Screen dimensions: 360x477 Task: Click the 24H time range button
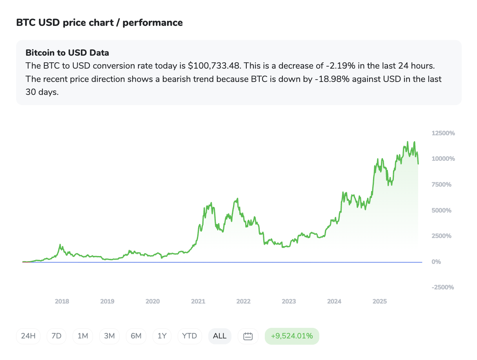[x=28, y=336]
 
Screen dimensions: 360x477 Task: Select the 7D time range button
[x=56, y=336]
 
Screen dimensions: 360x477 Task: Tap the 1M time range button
[x=83, y=336]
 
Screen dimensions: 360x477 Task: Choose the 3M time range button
[x=109, y=336]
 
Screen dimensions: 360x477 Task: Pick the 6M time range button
[x=136, y=336]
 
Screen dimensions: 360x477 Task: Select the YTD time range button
[x=190, y=336]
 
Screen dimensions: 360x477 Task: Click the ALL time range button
[x=220, y=336]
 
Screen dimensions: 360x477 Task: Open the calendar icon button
[x=248, y=336]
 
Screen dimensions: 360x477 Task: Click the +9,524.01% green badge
[x=292, y=336]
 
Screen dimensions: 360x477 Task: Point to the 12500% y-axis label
[x=443, y=133]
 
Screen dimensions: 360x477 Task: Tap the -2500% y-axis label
[x=443, y=287]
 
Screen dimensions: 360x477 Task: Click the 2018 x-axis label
[x=62, y=302]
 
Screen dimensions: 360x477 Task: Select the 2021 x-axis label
[x=198, y=302]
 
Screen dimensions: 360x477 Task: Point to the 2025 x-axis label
[x=380, y=302]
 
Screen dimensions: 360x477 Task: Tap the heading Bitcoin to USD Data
[x=67, y=53]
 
